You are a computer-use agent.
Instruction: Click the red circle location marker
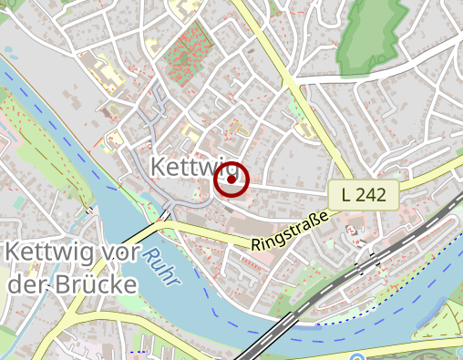pos(231,180)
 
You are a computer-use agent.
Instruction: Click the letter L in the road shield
pos(347,194)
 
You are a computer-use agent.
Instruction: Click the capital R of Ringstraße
pos(255,244)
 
